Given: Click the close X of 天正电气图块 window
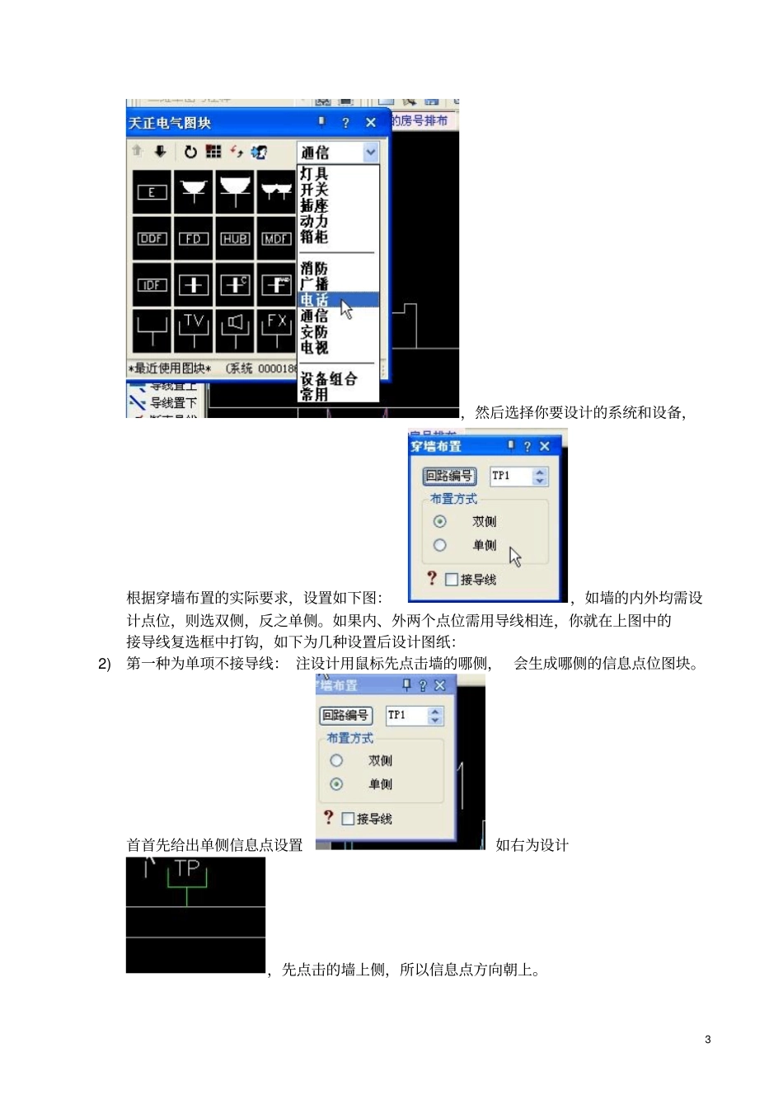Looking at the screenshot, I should [371, 123].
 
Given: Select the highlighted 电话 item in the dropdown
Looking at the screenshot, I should [315, 300].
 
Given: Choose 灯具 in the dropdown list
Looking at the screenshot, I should [314, 174].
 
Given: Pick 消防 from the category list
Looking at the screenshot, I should [314, 269].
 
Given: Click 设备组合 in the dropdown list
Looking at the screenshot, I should [328, 379].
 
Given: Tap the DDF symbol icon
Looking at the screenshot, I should [152, 239].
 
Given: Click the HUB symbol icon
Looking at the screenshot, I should [235, 239].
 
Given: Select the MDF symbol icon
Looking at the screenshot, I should [276, 239].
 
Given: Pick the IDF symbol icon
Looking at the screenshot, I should [152, 285].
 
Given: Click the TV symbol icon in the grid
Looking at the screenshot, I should [194, 330].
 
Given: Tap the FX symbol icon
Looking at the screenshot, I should [276, 330].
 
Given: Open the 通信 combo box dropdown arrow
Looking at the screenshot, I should [370, 153].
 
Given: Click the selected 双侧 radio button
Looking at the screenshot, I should [440, 521].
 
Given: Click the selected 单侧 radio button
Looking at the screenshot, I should [336, 784].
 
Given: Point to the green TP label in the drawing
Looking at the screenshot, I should [188, 868].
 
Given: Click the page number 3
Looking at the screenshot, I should [708, 1040].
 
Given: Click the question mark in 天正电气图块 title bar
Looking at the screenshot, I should [345, 123].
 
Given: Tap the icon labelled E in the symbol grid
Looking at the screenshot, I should [152, 192].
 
